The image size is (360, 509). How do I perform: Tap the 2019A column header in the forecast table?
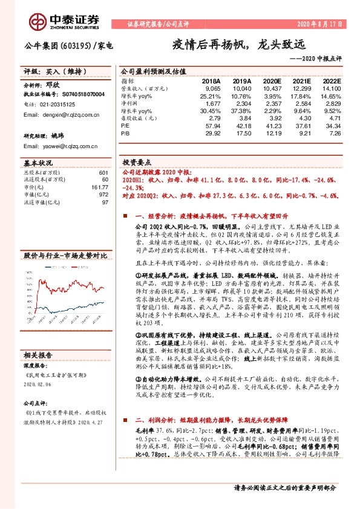click(241, 80)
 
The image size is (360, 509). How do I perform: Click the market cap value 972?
click(103, 195)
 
